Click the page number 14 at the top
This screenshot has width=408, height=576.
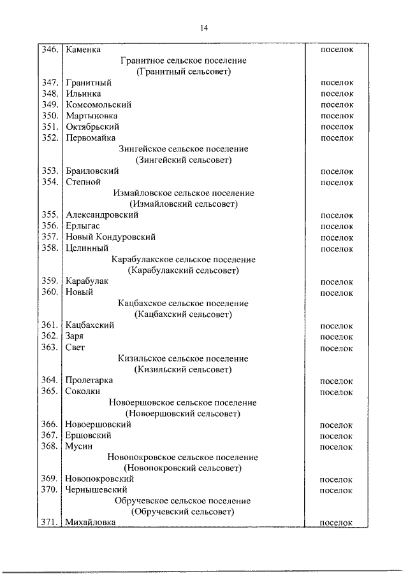[204, 27]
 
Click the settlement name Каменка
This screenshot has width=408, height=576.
[83, 49]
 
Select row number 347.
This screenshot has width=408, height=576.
[50, 83]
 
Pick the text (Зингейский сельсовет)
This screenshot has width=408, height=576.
[183, 160]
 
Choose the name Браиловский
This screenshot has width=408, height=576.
[92, 171]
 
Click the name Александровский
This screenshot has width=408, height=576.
[101, 215]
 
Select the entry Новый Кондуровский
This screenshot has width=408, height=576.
[110, 237]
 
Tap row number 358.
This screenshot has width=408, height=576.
[50, 248]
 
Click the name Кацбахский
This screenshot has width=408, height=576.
[90, 325]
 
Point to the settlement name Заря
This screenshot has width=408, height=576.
[75, 336]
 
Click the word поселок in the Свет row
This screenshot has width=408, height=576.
[337, 348]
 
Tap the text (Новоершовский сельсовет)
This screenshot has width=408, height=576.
[183, 414]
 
